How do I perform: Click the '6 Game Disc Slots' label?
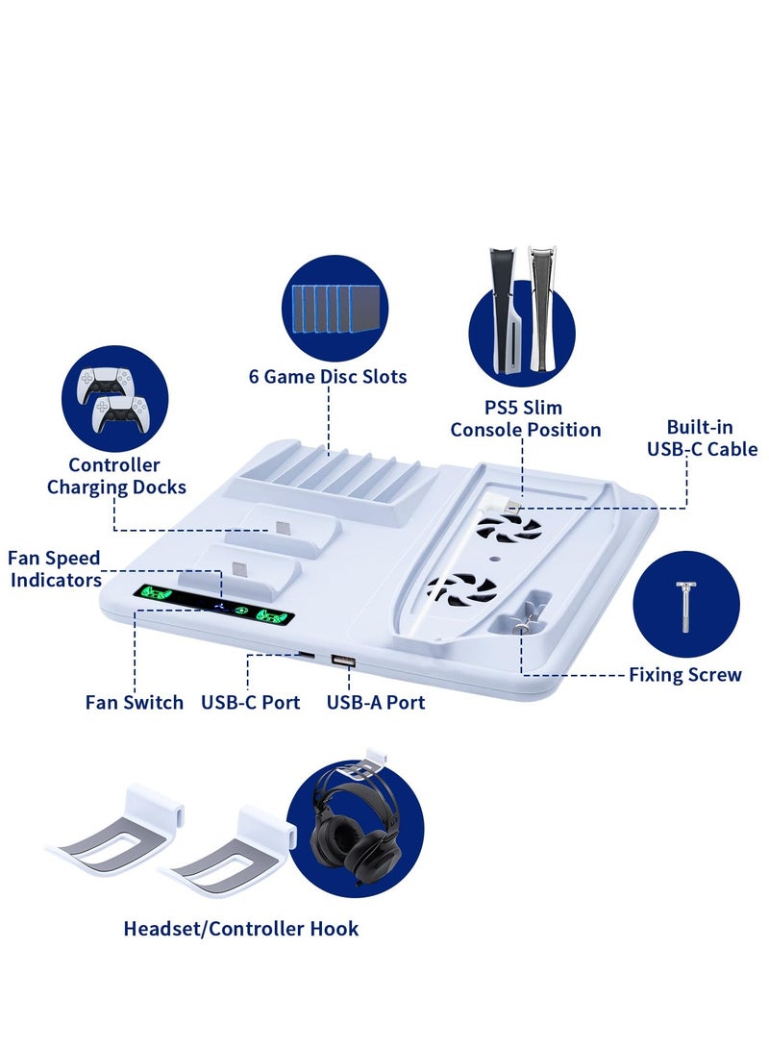pyautogui.click(x=328, y=377)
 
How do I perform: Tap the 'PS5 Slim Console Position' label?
pyautogui.click(x=526, y=419)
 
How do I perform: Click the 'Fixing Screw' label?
pyautogui.click(x=684, y=675)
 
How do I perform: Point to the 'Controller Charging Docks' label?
pyautogui.click(x=116, y=477)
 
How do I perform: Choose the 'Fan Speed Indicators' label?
pyautogui.click(x=55, y=569)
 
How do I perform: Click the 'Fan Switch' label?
pyautogui.click(x=135, y=703)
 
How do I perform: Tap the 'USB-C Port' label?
pyautogui.click(x=250, y=703)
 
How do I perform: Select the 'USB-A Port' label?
pyautogui.click(x=376, y=703)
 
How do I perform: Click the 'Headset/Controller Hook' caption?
pyautogui.click(x=241, y=929)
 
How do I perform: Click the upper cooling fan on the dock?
pyautogui.click(x=510, y=526)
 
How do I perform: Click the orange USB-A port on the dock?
pyautogui.click(x=341, y=660)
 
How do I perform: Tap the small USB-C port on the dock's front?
pyautogui.click(x=305, y=655)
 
